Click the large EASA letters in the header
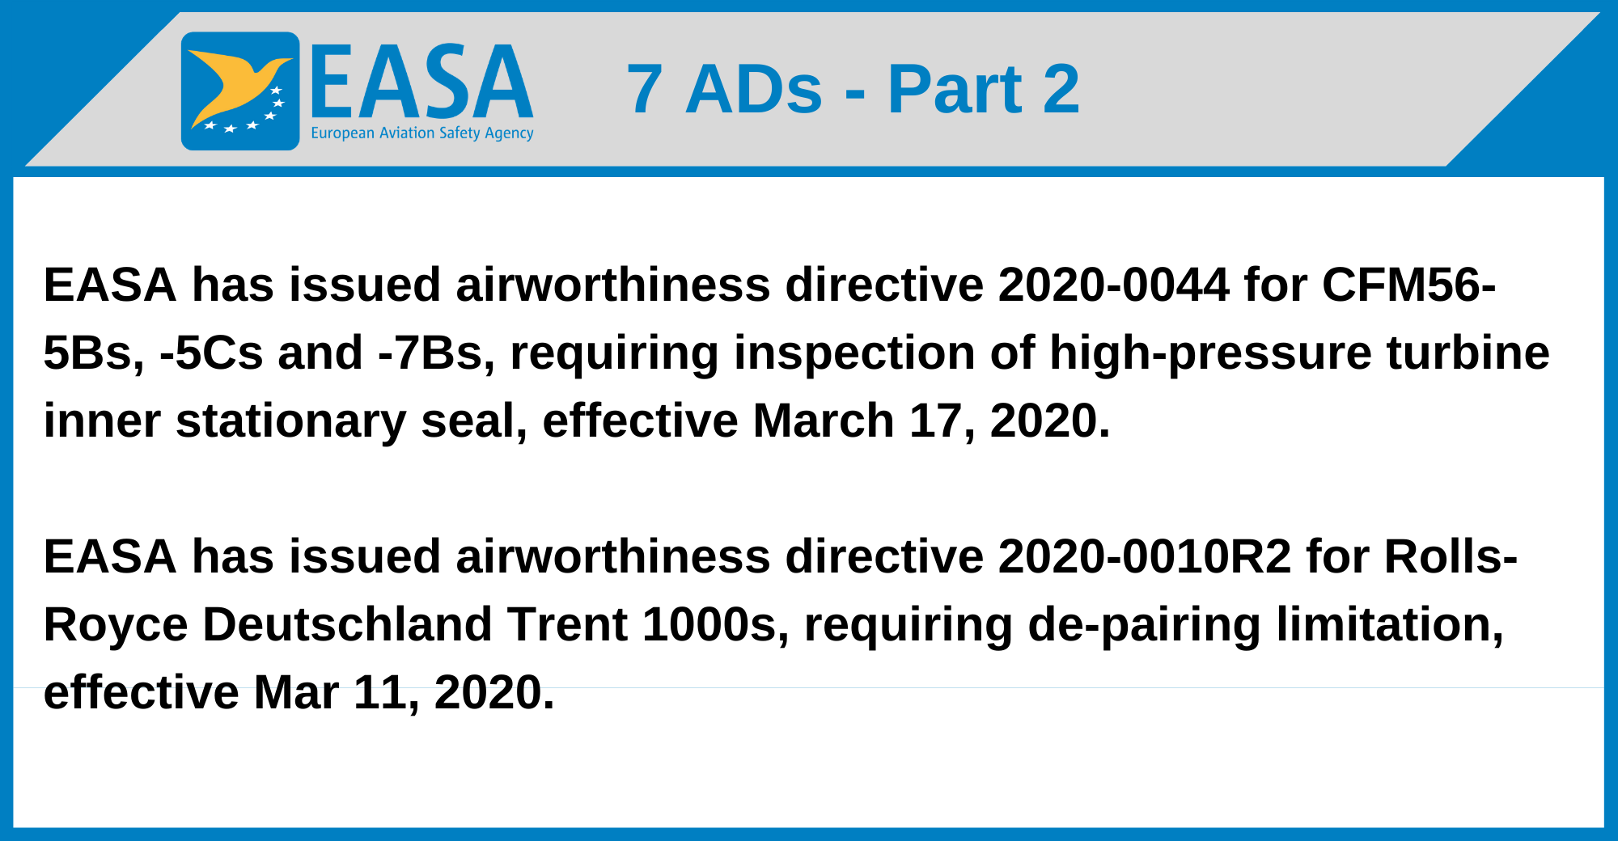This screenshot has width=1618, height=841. [421, 82]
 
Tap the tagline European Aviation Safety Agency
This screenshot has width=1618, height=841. [421, 133]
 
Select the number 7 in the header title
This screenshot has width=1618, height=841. [644, 89]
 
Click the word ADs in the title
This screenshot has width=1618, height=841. [753, 89]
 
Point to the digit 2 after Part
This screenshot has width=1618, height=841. [1061, 89]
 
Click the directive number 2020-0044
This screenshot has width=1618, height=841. [1113, 285]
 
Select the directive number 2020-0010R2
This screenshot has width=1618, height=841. [1144, 556]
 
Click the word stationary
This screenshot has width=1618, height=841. [290, 420]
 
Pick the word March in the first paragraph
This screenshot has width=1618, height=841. [823, 420]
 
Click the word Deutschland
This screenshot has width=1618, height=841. [347, 624]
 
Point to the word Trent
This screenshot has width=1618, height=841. [567, 624]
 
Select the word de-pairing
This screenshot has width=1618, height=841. [1143, 624]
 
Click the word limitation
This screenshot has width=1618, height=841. [1389, 624]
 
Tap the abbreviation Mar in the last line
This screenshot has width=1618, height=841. [296, 692]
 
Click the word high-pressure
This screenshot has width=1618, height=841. [1210, 353]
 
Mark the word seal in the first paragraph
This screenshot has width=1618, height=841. [473, 420]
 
